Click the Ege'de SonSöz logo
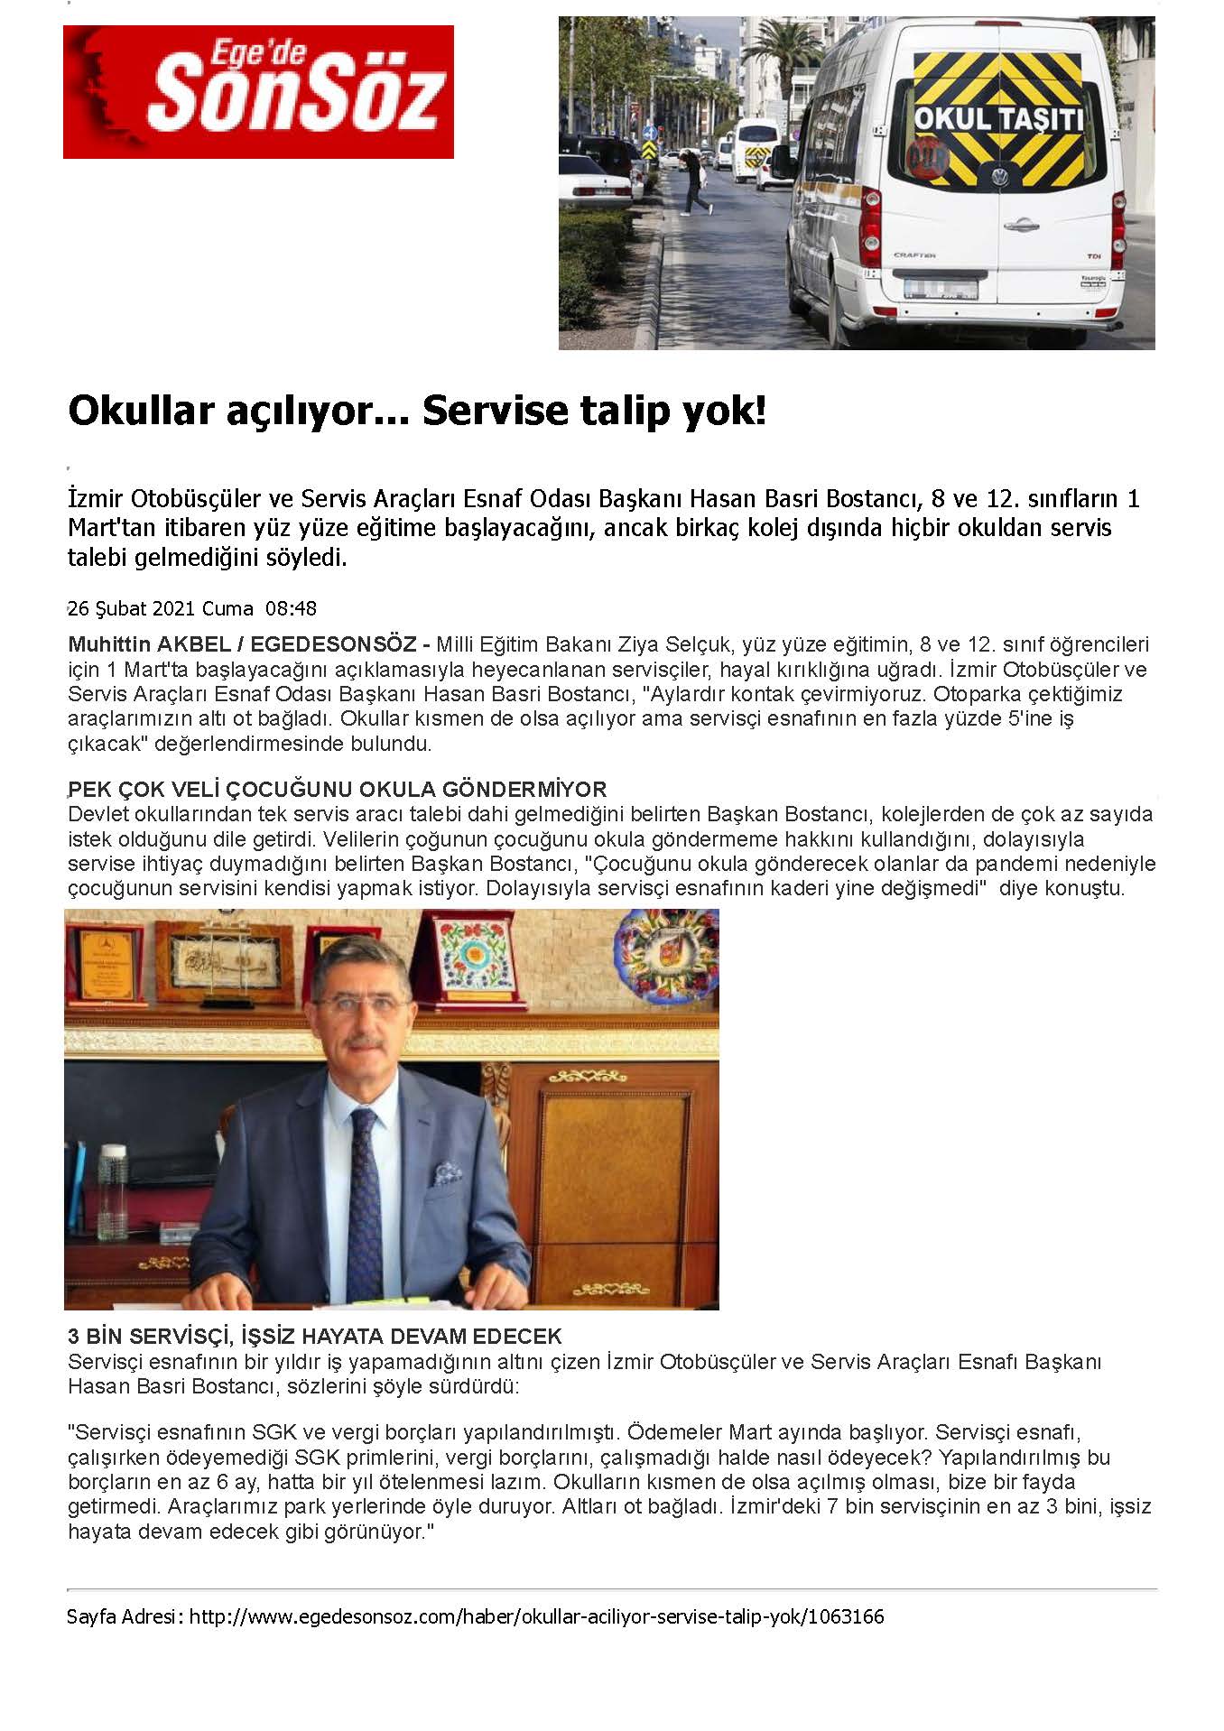258,91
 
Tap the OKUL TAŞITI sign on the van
997,119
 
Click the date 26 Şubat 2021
131,608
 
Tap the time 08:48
291,608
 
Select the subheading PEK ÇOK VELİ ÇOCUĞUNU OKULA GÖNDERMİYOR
337,790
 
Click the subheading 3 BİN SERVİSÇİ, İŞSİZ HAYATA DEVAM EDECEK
314,1336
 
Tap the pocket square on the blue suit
447,1173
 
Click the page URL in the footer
536,1616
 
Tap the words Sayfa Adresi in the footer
124,1616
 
